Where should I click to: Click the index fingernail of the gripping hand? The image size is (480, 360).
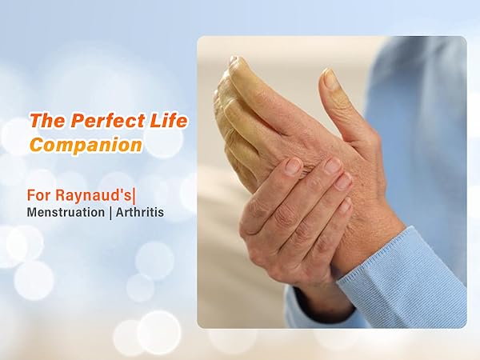click(294, 166)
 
